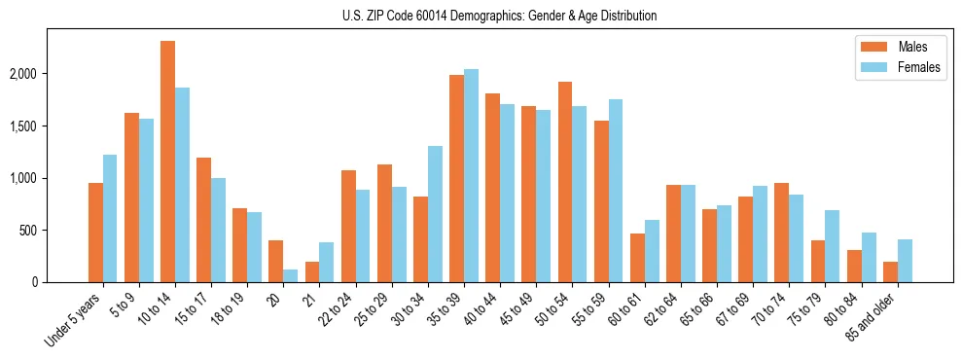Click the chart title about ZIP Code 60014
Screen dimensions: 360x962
(499, 16)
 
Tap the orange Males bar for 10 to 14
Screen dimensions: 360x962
(167, 162)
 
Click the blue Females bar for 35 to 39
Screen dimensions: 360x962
(471, 175)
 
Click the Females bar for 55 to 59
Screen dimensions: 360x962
(615, 191)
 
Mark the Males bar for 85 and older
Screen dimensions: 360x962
(890, 272)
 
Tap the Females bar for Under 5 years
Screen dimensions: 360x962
(110, 219)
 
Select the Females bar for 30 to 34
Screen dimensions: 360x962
(435, 214)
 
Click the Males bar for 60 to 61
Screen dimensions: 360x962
(637, 258)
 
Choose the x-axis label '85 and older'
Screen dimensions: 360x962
(872, 317)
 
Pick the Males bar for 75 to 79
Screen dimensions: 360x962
(818, 262)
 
